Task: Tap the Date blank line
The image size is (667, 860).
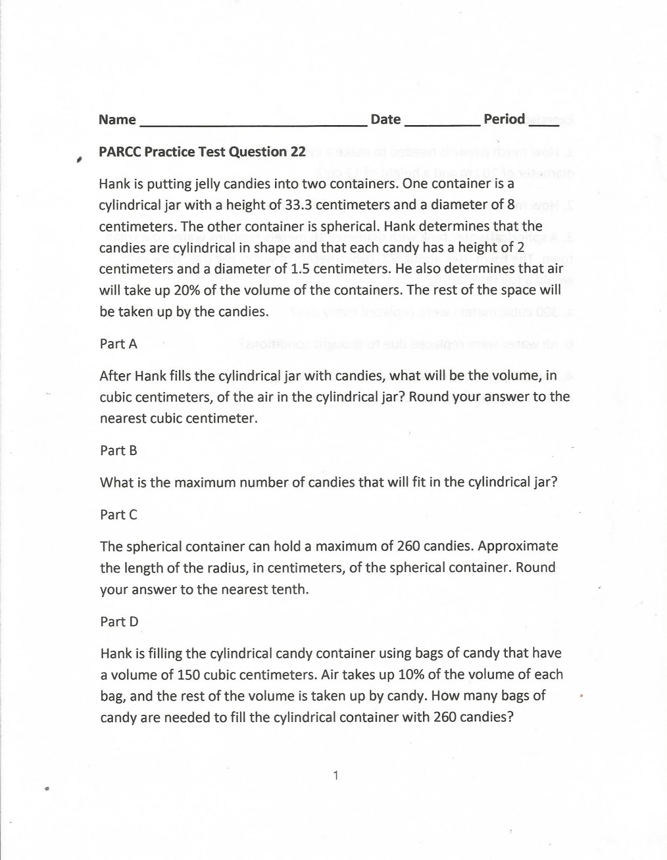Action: coord(442,123)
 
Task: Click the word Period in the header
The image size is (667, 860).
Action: coord(504,119)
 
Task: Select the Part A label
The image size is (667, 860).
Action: coord(119,344)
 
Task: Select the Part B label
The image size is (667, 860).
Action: coord(119,450)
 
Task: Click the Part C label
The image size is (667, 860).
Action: coord(119,514)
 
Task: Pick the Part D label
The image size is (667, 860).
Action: coord(119,621)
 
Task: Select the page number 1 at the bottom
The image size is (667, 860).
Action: coord(335,775)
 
